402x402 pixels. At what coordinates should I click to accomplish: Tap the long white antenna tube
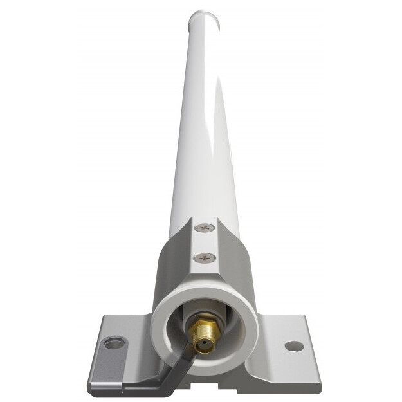point(205,129)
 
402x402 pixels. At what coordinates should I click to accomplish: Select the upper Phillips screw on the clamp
point(205,228)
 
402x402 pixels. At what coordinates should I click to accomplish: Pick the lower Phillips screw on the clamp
point(205,258)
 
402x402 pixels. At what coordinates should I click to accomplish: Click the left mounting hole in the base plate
point(114,343)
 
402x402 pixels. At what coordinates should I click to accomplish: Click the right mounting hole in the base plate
point(293,346)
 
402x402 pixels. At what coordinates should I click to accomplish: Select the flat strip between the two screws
point(205,243)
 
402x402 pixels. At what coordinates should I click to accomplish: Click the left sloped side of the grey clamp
point(169,270)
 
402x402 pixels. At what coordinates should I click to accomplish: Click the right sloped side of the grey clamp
point(241,270)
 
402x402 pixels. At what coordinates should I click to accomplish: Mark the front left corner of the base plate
point(91,385)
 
